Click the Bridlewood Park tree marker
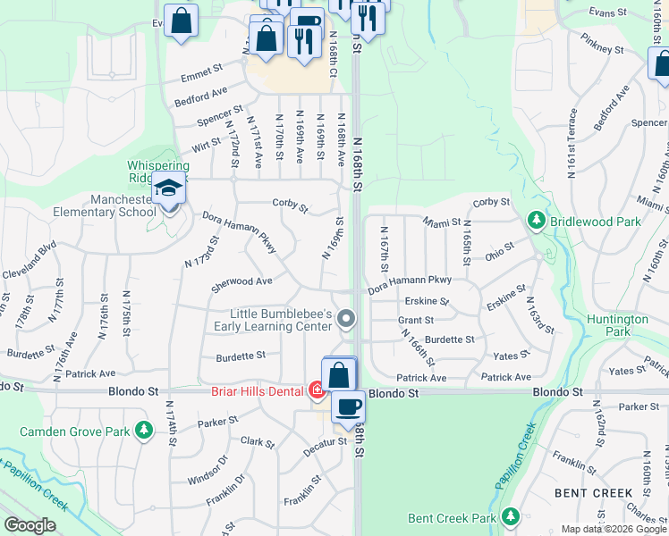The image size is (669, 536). pyautogui.click(x=537, y=219)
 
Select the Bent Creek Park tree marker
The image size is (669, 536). pyautogui.click(x=511, y=517)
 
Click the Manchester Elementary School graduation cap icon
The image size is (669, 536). pyautogui.click(x=167, y=189)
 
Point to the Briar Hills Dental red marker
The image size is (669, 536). pyautogui.click(x=317, y=390)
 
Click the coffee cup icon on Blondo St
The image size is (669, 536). pyautogui.click(x=348, y=406)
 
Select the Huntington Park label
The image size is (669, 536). pyautogui.click(x=618, y=325)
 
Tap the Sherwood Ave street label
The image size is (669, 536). pyautogui.click(x=241, y=282)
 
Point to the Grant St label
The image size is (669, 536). pyautogui.click(x=416, y=320)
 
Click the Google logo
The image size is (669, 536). pyautogui.click(x=30, y=526)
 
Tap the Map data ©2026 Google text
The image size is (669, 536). pyautogui.click(x=614, y=529)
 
